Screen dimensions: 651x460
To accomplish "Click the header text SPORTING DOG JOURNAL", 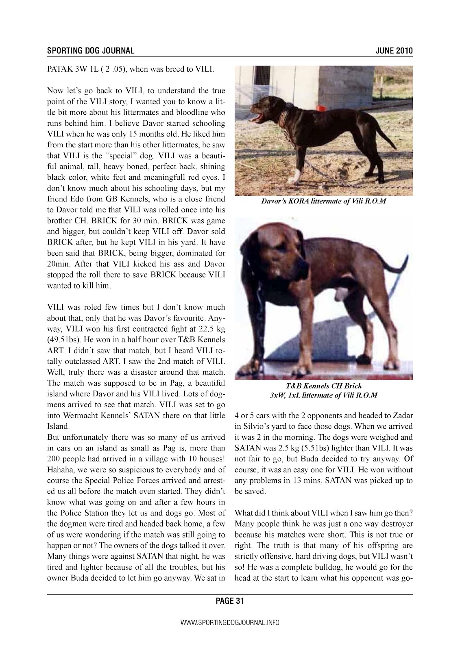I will point(90,51).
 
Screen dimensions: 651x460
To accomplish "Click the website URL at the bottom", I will point(230,623).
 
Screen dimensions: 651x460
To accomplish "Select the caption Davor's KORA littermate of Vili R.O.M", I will point(323,201).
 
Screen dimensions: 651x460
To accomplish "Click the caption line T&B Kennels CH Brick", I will point(323,386).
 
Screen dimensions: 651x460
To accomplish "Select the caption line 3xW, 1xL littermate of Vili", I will point(323,395).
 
